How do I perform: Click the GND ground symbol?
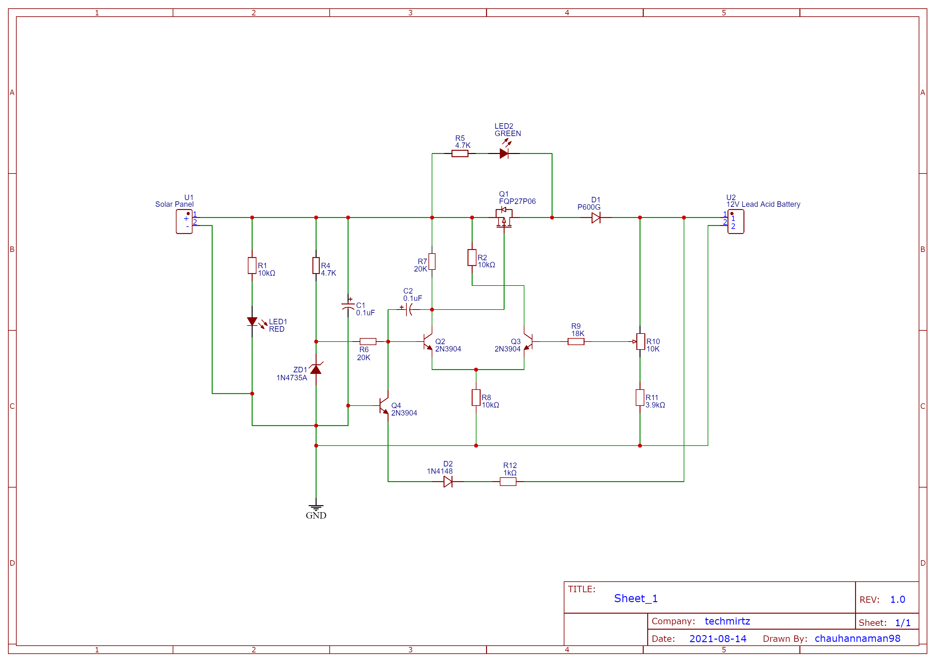tap(316, 507)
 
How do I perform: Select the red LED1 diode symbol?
tap(252, 322)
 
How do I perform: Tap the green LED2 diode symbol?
tap(504, 153)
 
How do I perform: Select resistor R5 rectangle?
tap(460, 153)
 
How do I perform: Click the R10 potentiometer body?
tap(640, 342)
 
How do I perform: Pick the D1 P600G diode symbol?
tap(596, 218)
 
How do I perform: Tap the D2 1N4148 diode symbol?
tap(448, 481)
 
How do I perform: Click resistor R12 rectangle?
tap(508, 481)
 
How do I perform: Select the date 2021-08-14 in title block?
tap(718, 638)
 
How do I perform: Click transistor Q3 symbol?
tap(527, 342)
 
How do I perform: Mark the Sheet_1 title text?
tap(636, 598)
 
